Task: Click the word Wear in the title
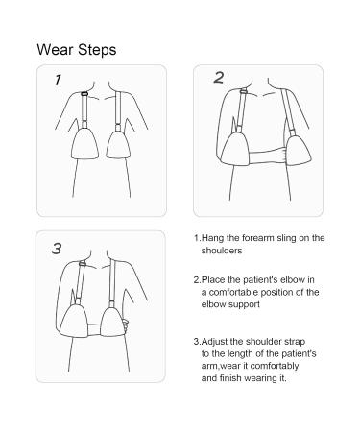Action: [55, 50]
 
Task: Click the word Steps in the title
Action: [97, 51]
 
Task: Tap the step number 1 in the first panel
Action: [58, 80]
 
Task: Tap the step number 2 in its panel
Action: [219, 78]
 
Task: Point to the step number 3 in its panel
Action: [57, 249]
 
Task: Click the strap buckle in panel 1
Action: [84, 93]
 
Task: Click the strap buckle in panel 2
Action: [244, 91]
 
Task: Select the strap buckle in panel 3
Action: [83, 264]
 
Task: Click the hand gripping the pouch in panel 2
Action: [283, 156]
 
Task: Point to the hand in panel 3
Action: [126, 325]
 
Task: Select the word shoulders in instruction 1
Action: [222, 251]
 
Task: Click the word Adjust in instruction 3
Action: [215, 342]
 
